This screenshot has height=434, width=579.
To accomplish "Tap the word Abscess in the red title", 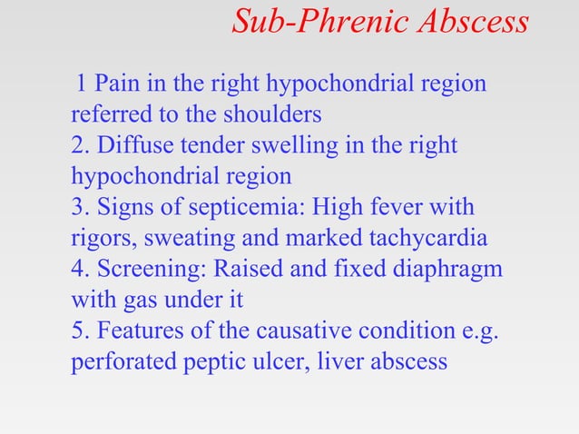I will point(474,22).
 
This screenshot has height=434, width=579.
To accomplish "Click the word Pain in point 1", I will point(113,84).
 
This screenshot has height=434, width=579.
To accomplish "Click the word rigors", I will point(97,239).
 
